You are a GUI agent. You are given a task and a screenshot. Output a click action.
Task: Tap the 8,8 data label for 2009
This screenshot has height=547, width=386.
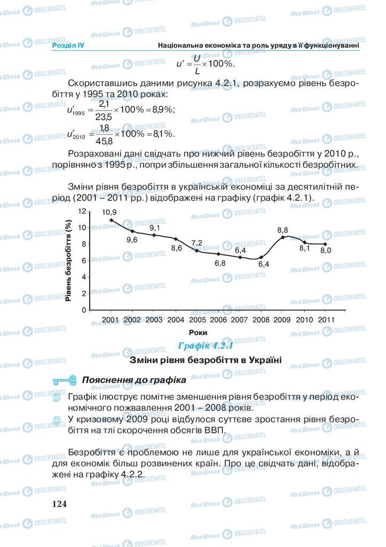pyautogui.click(x=283, y=230)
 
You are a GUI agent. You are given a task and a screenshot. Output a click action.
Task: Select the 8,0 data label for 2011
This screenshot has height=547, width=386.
pyautogui.click(x=326, y=250)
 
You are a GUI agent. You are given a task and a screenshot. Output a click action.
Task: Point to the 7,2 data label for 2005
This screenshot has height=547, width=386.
pyautogui.click(x=196, y=243)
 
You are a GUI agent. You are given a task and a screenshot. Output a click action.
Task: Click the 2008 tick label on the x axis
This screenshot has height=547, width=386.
pyautogui.click(x=261, y=319)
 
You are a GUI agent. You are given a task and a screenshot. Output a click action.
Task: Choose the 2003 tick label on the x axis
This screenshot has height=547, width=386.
pyautogui.click(x=153, y=319)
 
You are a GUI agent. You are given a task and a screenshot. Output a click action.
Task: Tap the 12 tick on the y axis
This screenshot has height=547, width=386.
pyautogui.click(x=82, y=212)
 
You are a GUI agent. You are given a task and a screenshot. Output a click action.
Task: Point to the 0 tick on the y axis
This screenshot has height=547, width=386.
pyautogui.click(x=84, y=310)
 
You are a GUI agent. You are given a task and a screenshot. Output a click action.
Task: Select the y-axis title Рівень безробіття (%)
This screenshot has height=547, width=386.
pyautogui.click(x=69, y=260)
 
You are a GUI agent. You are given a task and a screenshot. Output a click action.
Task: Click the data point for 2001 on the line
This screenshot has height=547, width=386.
pyautogui.click(x=111, y=220)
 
